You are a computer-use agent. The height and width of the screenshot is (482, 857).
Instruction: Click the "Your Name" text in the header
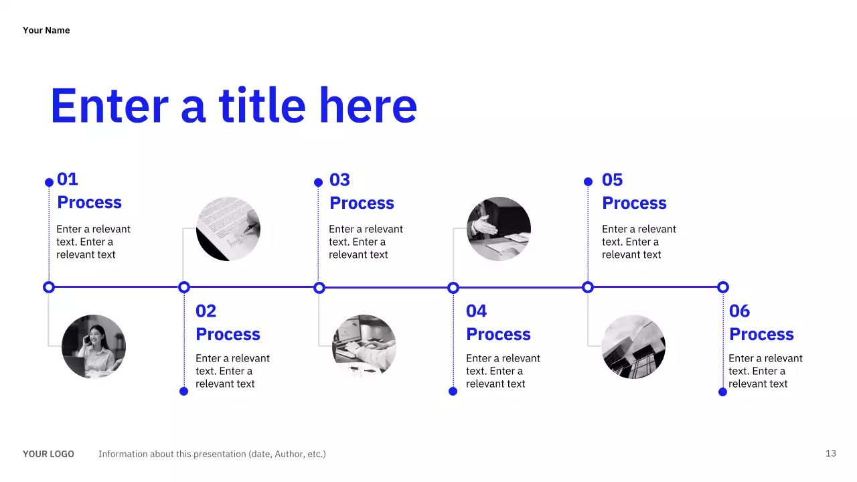point(46,30)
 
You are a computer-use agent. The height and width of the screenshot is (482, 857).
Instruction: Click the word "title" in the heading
point(262,106)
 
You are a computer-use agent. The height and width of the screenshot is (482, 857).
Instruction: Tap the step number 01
point(68,179)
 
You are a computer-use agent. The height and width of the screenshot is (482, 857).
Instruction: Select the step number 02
point(206,311)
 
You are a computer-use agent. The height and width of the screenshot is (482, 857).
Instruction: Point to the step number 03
point(340,180)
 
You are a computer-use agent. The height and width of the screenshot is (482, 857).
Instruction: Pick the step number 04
point(477,311)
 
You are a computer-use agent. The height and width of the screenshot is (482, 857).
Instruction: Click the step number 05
point(613,180)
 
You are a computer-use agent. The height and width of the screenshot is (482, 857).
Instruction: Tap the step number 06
point(740,311)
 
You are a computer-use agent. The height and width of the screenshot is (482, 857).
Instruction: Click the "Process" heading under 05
point(634,203)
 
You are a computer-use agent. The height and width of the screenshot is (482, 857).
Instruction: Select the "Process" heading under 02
point(228,334)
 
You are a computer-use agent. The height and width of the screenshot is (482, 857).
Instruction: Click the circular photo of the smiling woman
point(94,347)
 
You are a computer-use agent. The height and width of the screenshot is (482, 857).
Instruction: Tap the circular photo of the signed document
point(228,229)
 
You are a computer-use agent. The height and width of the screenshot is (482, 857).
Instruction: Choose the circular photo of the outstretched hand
point(499,229)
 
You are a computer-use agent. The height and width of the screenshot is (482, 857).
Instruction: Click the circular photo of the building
point(633,347)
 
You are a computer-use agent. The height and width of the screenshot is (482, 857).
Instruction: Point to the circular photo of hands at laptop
point(364,347)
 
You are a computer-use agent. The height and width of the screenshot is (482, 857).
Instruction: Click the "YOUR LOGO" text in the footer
point(48,454)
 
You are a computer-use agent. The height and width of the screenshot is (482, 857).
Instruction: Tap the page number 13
point(831,453)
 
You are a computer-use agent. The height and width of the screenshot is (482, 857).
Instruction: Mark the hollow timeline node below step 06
point(723,287)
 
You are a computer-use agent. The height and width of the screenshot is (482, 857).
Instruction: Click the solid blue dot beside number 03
point(319,182)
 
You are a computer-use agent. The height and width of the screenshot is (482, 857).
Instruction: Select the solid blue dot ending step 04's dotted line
point(453,391)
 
